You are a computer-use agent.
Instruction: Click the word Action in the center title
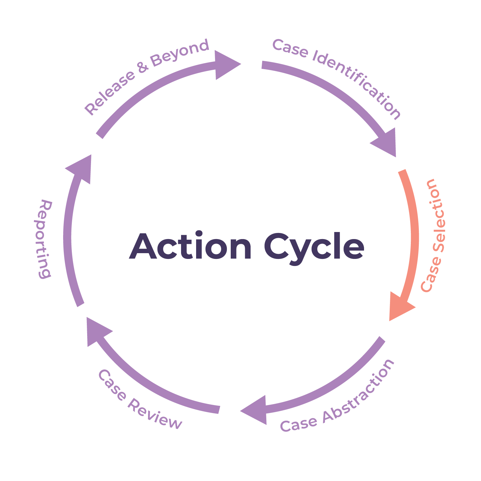click(190, 247)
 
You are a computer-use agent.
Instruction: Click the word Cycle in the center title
click(314, 248)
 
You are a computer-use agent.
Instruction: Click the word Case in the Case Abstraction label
click(298, 424)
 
